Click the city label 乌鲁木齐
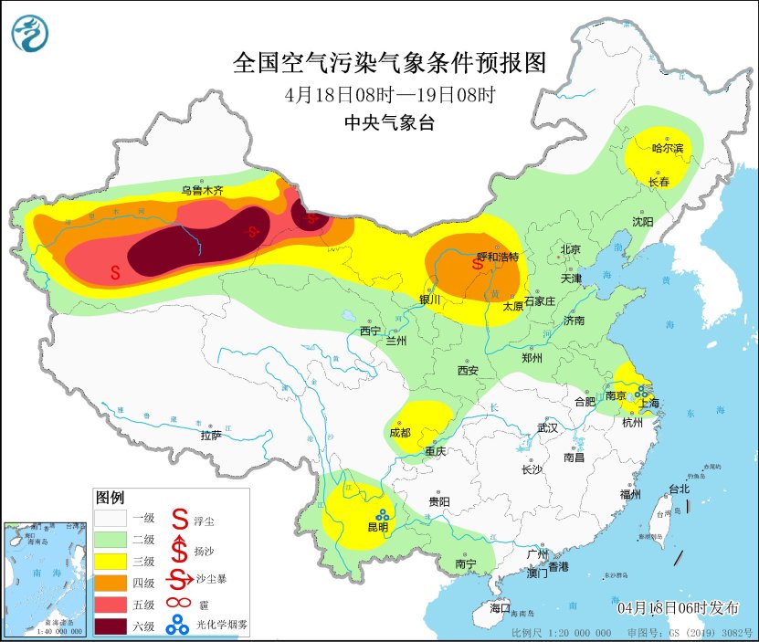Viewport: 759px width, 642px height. [201, 191]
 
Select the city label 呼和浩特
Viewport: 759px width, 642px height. [498, 257]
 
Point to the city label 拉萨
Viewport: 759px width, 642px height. [211, 436]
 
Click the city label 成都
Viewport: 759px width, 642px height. [400, 432]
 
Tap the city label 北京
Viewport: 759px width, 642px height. [571, 248]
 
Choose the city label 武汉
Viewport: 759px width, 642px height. [547, 427]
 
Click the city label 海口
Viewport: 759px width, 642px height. [500, 607]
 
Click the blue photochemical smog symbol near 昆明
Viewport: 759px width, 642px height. [379, 514]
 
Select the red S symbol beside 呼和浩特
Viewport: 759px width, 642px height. [476, 264]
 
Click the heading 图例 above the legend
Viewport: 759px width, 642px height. [110, 498]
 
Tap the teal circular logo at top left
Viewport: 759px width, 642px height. [31, 35]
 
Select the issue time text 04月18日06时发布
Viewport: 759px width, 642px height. [676, 608]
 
